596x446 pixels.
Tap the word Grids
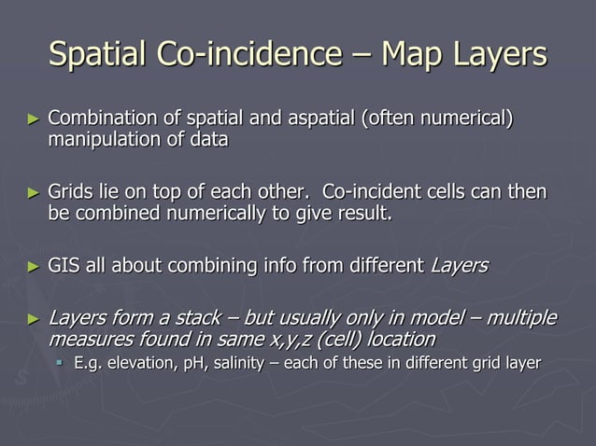[69, 193]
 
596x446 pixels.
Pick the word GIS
[64, 266]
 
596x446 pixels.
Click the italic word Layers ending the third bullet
[458, 266]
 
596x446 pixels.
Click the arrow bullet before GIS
[33, 266]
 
